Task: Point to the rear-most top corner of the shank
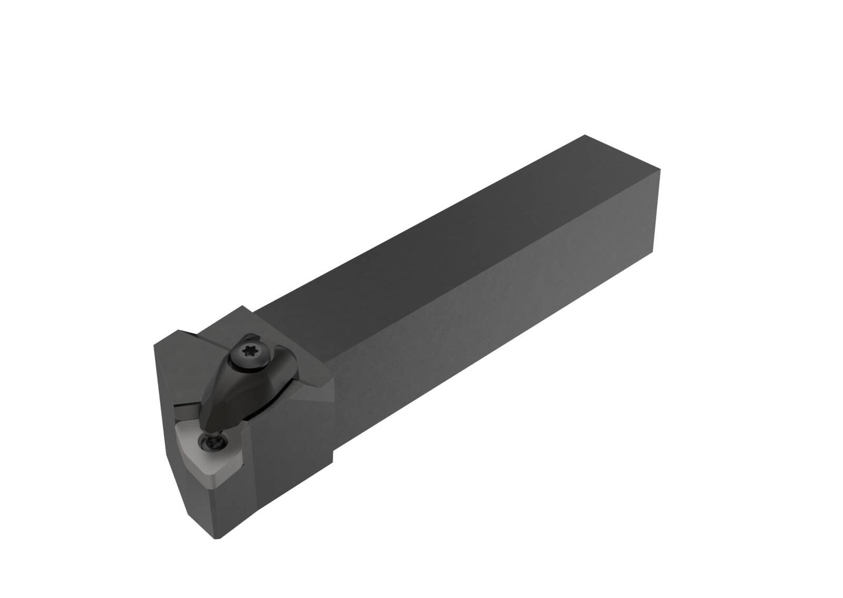click(x=585, y=135)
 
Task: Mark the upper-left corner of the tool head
click(x=154, y=345)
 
